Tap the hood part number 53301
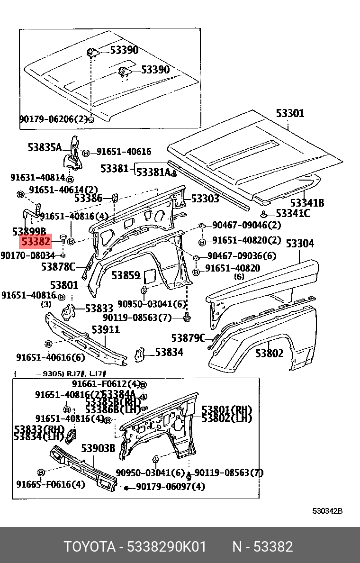tap(290, 113)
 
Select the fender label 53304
tap(300, 244)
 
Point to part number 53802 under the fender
tap(270, 353)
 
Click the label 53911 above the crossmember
tap(106, 329)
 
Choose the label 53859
tap(126, 275)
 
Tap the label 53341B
tap(307, 203)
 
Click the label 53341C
tap(293, 214)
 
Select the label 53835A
tap(45, 147)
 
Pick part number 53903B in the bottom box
tap(98, 448)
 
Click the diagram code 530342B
tap(327, 511)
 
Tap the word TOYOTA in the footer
tap(90, 547)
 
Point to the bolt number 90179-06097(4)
tap(171, 487)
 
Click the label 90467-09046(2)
tap(246, 225)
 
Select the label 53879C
tap(188, 338)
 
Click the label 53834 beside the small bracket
tap(169, 352)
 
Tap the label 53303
tap(205, 199)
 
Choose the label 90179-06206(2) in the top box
tap(54, 119)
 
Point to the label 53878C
tap(58, 267)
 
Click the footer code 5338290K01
tap(166, 547)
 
